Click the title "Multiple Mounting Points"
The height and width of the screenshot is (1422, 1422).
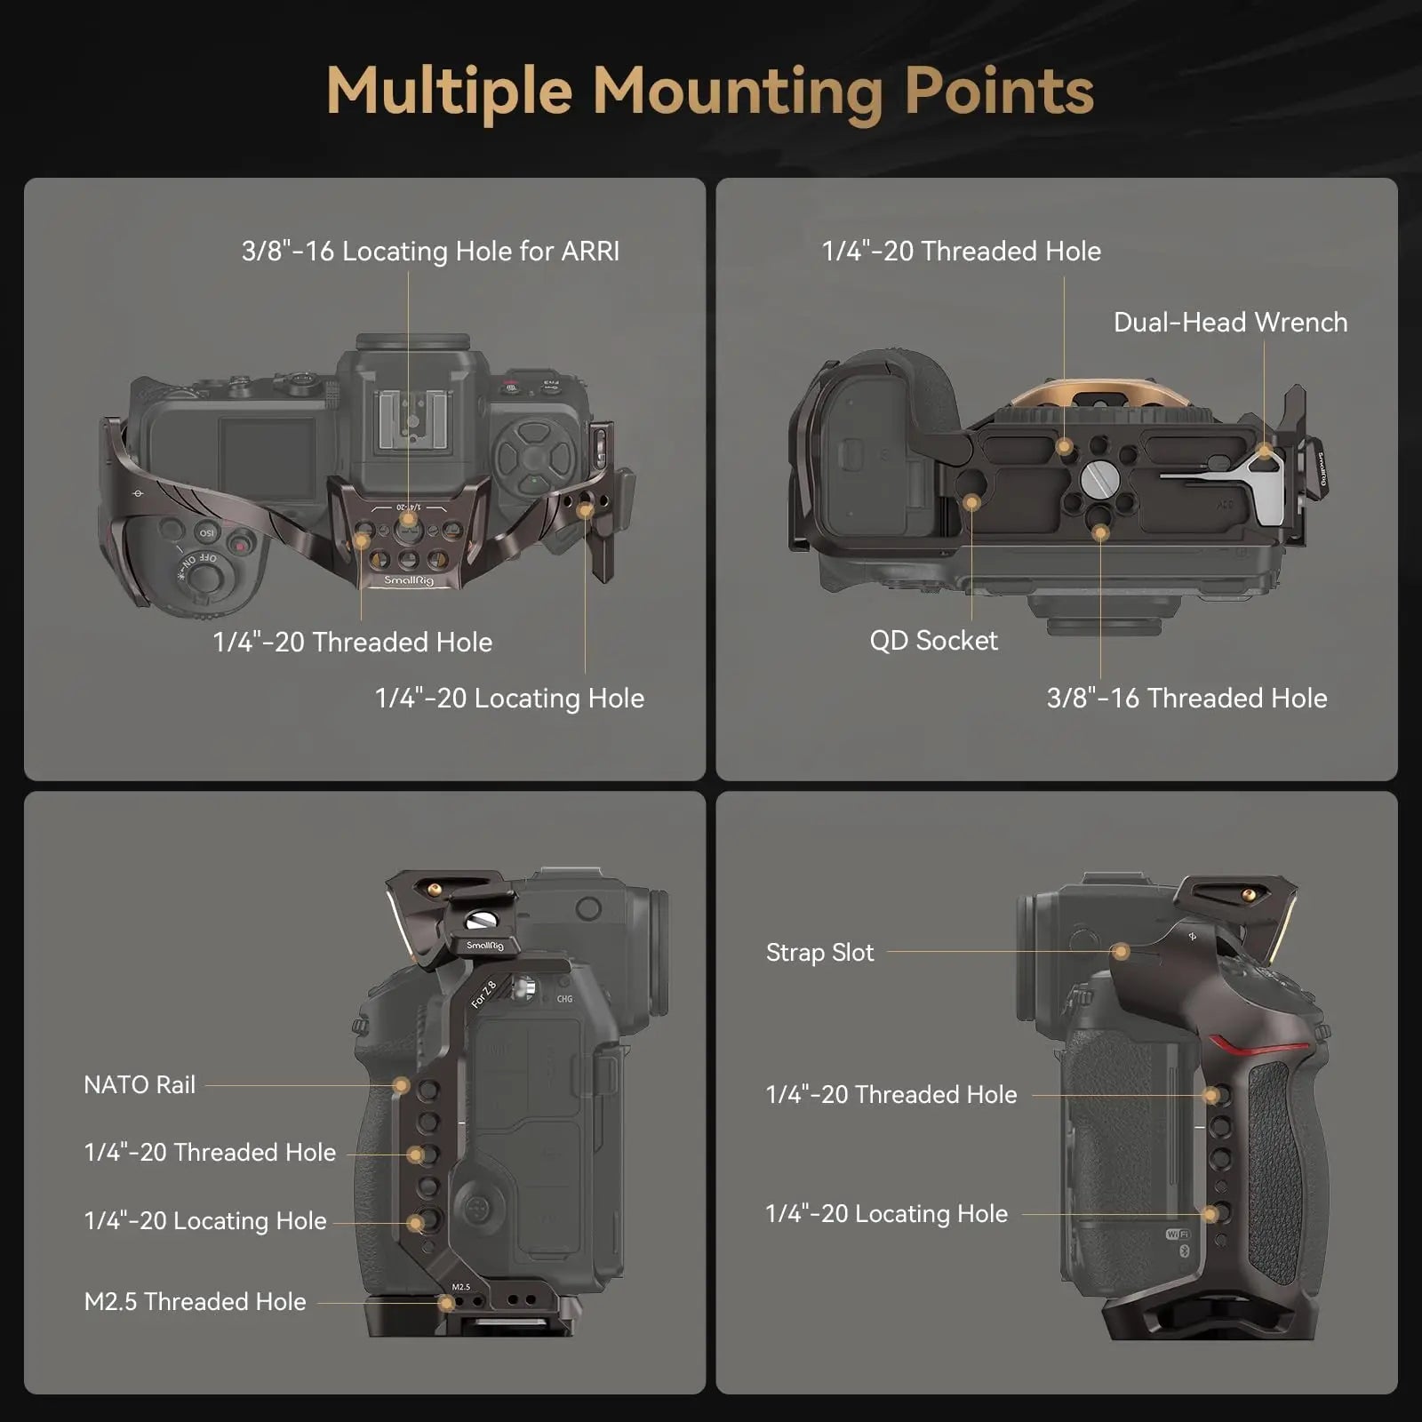coord(710,92)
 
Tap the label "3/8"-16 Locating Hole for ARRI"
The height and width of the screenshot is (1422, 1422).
coord(430,252)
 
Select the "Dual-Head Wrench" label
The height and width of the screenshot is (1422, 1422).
coord(1230,322)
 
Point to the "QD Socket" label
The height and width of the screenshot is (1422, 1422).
coord(933,641)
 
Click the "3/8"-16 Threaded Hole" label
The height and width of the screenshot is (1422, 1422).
coord(1186,699)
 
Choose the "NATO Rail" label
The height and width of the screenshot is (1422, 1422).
coord(140,1085)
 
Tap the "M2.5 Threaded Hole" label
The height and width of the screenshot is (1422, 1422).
coord(195,1302)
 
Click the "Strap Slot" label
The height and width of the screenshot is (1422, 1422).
coord(819,953)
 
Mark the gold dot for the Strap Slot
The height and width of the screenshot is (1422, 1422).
coord(1122,952)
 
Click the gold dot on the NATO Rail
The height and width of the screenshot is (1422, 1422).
coord(402,1085)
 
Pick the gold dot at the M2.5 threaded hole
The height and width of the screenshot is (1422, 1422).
coord(447,1303)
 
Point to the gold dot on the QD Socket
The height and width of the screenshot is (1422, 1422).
coord(971,503)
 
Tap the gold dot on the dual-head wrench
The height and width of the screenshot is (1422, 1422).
coord(1264,451)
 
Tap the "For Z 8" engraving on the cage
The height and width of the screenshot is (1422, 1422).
coord(484,994)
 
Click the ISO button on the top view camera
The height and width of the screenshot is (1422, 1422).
coord(206,532)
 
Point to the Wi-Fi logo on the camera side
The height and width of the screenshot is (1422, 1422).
coord(1178,1234)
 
